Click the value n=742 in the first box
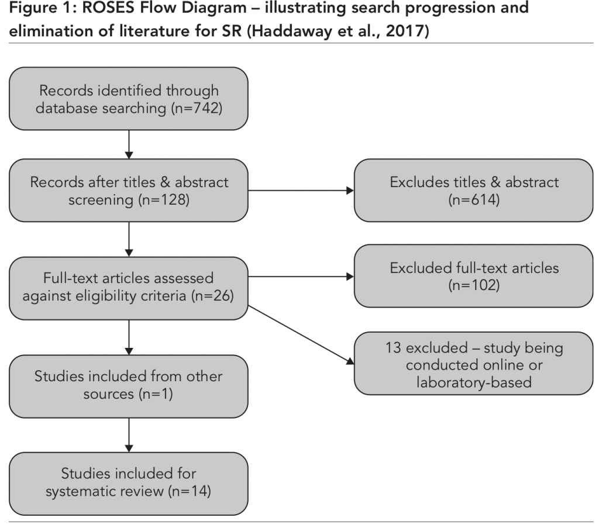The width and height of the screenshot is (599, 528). [197, 108]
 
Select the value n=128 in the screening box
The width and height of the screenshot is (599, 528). [164, 200]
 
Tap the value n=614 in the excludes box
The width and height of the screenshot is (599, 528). [474, 199]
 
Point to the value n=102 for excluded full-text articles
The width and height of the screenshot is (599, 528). [474, 285]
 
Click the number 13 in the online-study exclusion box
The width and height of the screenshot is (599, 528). [393, 348]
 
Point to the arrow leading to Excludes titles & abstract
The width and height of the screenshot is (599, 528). [301, 191]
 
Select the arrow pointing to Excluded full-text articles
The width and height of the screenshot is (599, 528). [301, 277]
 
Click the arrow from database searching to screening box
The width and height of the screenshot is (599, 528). [129, 144]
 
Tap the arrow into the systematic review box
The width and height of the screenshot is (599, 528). [129, 435]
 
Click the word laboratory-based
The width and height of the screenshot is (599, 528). [474, 382]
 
